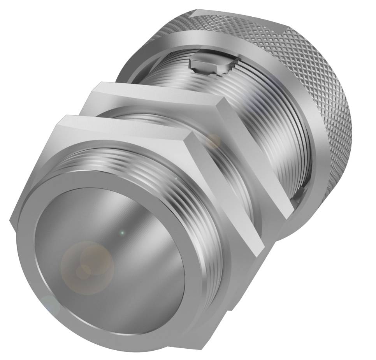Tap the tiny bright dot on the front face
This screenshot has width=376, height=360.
pyautogui.click(x=122, y=233)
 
